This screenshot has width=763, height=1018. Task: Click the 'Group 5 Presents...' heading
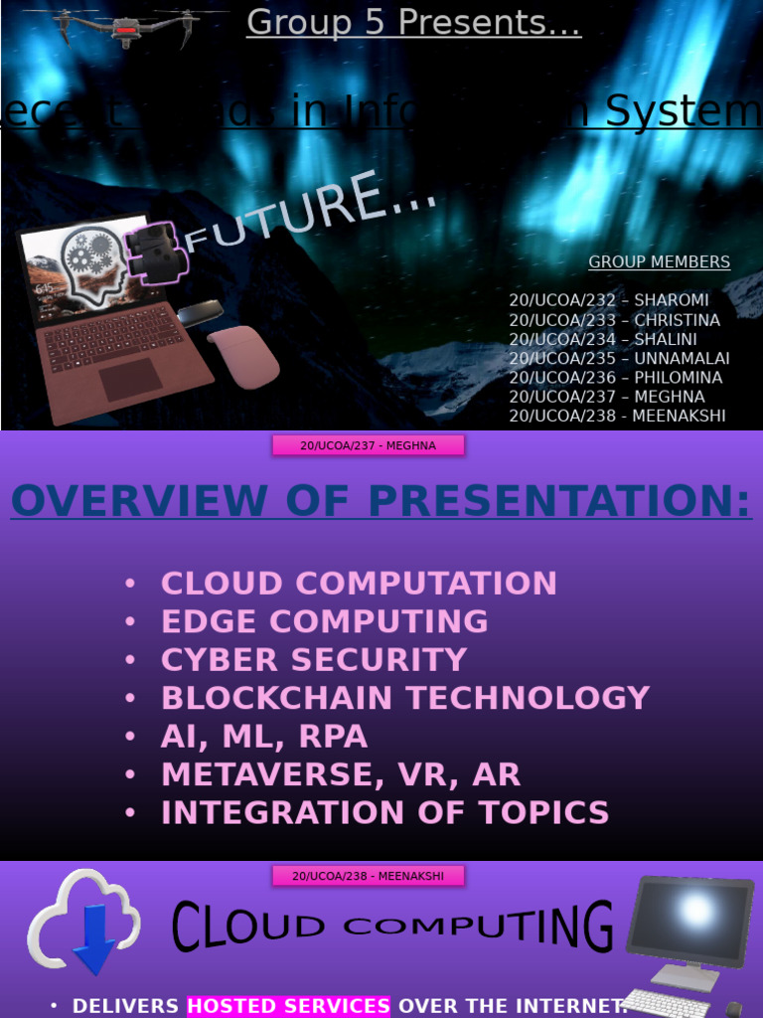coord(413,22)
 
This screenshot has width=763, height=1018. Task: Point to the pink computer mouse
coord(244,357)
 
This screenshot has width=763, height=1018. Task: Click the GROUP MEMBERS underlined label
coord(659,262)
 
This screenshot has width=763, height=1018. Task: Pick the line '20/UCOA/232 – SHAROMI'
coord(609,300)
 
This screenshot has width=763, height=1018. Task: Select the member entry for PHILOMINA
coord(616,378)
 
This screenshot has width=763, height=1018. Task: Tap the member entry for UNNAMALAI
coord(619,358)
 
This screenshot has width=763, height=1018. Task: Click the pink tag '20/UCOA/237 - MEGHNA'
coord(369,445)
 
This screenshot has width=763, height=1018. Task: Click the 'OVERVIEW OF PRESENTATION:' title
coord(381,501)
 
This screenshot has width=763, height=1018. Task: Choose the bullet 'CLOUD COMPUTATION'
coord(359,584)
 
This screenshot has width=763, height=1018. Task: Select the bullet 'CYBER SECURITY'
coord(314,660)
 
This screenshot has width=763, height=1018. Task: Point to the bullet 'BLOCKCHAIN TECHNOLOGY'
coord(405,698)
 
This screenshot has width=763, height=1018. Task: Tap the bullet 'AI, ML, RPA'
coord(264,737)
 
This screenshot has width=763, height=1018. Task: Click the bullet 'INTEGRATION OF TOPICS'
coord(385,813)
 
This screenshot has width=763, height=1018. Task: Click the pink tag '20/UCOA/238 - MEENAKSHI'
coord(369,876)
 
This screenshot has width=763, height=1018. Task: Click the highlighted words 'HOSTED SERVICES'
coord(288,1006)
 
